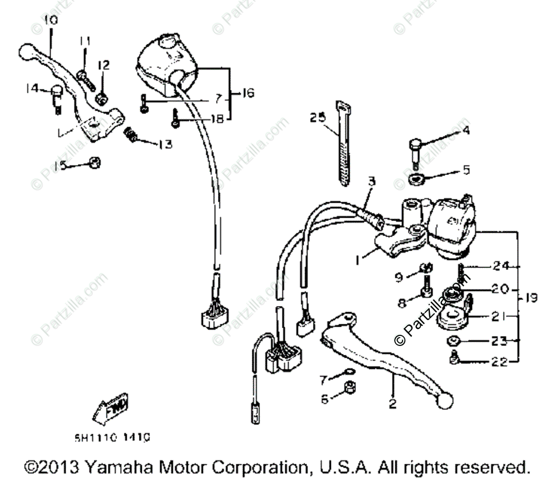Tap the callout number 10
pos(50,20)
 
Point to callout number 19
pos(530,298)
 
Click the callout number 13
pos(165,144)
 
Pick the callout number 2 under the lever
pos(393,404)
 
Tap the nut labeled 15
pos(95,162)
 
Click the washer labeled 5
pos(416,179)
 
